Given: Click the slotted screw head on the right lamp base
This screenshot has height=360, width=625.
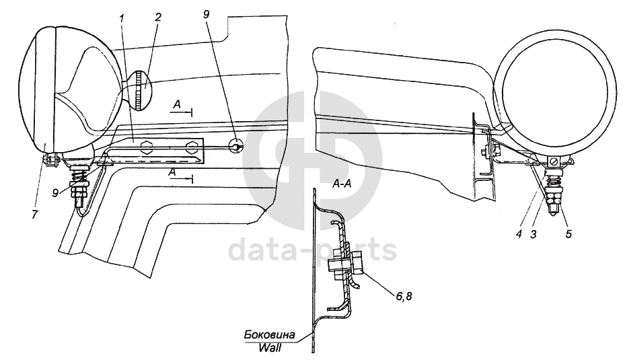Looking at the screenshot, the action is click(553, 161).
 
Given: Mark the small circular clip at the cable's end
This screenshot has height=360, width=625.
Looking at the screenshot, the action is click(236, 144).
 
